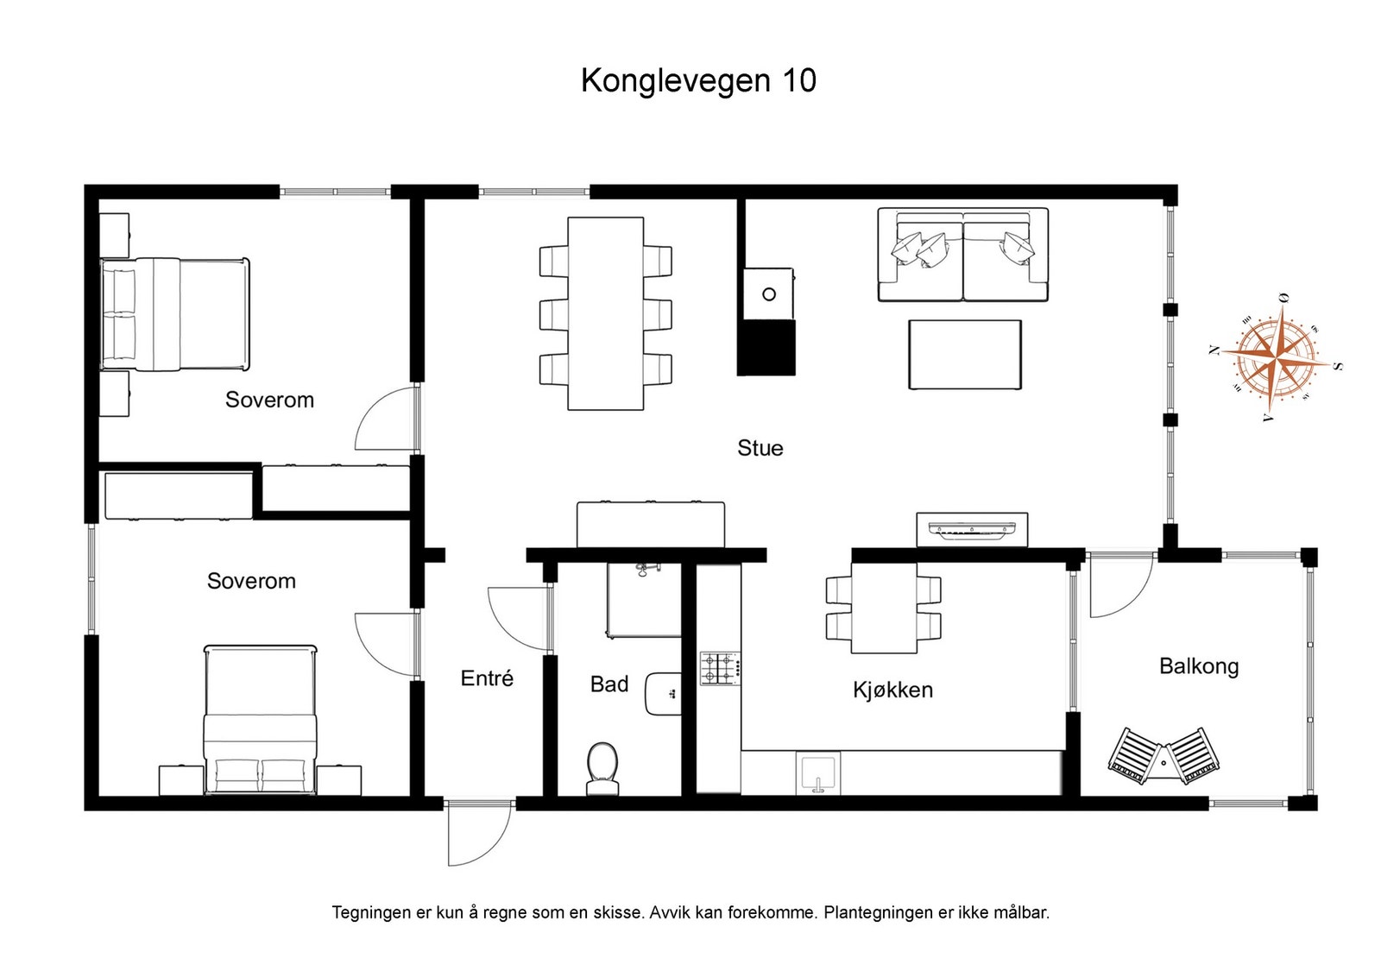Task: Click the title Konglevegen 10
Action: (697, 80)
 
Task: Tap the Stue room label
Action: (760, 448)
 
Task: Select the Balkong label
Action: (1198, 666)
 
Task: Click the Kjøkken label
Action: (892, 690)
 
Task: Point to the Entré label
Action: (487, 678)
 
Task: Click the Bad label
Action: (609, 684)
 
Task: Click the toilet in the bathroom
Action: (602, 768)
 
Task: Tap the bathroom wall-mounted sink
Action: (663, 694)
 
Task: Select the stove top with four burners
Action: (720, 669)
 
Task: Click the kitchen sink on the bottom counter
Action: (817, 772)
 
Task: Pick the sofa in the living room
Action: (962, 255)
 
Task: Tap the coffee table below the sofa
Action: (964, 355)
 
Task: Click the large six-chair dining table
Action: (605, 313)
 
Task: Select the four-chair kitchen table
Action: (884, 608)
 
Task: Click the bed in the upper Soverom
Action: (175, 314)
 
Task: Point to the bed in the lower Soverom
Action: (260, 719)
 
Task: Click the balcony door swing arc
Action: (1120, 585)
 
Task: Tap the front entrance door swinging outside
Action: (478, 832)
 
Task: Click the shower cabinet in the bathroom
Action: (644, 601)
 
